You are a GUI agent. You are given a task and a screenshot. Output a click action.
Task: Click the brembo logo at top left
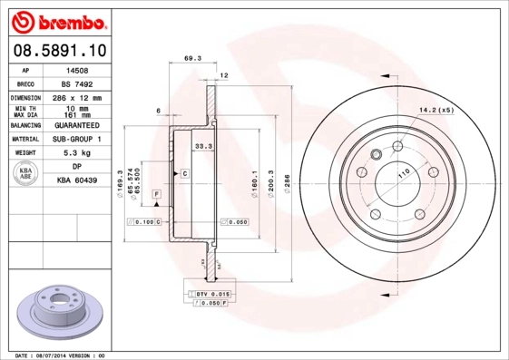pyautogui.click(x=57, y=19)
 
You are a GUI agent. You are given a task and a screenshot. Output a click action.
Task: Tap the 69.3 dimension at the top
pyautogui.click(x=191, y=58)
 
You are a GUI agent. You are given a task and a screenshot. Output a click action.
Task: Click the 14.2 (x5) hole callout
pyautogui.click(x=435, y=112)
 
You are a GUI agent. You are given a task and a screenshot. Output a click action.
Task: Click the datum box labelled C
pyautogui.click(x=184, y=172)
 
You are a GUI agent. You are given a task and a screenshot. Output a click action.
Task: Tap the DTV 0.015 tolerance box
pyautogui.click(x=210, y=295)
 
